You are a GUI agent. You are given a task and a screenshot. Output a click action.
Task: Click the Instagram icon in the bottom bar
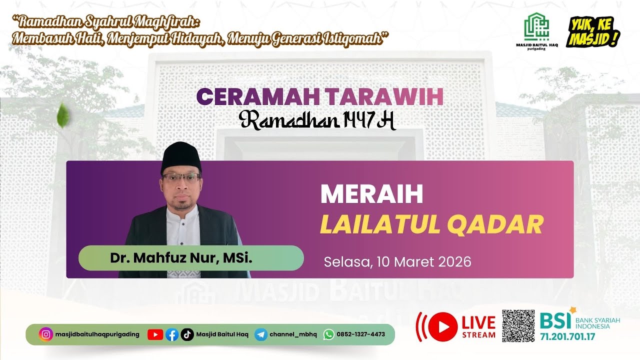tap(46, 334)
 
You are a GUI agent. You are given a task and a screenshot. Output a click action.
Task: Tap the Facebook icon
tap(171, 334)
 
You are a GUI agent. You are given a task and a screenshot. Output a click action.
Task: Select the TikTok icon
tap(187, 334)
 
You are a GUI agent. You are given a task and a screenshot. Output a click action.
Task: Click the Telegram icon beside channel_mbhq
tap(260, 334)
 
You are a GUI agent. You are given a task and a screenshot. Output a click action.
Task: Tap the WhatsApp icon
tap(328, 334)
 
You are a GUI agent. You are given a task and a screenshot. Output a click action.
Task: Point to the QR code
tap(518, 326)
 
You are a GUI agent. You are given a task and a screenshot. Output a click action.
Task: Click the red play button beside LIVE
tap(442, 326)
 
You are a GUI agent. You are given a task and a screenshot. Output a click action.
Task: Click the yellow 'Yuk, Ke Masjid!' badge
tap(593, 32)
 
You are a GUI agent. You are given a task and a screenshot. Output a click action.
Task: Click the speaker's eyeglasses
tap(181, 177)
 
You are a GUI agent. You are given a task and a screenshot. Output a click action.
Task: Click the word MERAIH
tap(371, 194)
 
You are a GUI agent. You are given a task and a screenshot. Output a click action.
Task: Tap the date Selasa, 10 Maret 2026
tap(397, 261)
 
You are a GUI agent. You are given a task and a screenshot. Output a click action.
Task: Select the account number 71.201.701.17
tap(567, 336)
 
